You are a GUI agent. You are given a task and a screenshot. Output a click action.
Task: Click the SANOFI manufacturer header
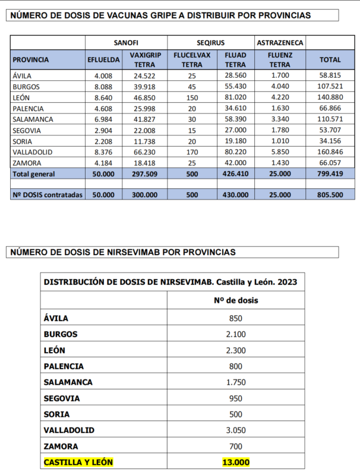click(x=126, y=43)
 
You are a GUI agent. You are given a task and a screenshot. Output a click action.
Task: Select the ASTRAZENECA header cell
click(x=280, y=43)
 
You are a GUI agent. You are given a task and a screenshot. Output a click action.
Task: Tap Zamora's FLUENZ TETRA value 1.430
click(x=280, y=163)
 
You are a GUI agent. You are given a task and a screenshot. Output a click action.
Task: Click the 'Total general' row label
click(x=34, y=174)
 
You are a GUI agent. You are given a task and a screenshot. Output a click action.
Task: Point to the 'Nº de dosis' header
click(x=236, y=300)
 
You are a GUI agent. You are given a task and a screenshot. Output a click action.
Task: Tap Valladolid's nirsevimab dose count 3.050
click(x=236, y=430)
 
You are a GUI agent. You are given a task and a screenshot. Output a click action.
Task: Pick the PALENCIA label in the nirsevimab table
click(x=64, y=366)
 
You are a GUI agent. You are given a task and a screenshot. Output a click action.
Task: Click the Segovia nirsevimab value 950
click(x=236, y=398)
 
